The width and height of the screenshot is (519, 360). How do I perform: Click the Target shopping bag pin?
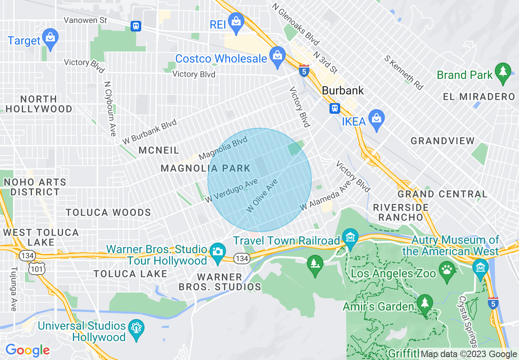click(x=50, y=38)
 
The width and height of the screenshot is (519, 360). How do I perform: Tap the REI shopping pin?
click(x=236, y=22)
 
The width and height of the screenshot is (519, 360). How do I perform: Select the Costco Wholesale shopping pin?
click(x=278, y=56)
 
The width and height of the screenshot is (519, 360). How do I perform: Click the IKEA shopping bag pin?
click(x=375, y=119)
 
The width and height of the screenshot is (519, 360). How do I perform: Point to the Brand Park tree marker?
click(x=503, y=72)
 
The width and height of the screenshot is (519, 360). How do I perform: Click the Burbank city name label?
click(x=343, y=90)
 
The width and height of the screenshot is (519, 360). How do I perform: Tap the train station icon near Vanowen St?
click(x=136, y=26)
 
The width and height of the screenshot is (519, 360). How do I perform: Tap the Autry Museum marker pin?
click(x=480, y=268)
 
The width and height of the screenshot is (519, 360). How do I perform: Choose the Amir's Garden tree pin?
click(x=425, y=304)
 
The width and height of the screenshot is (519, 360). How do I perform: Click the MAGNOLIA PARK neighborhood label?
click(x=205, y=168)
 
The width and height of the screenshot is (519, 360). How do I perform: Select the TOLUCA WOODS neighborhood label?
click(x=108, y=212)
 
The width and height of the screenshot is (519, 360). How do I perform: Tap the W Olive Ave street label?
click(x=262, y=196)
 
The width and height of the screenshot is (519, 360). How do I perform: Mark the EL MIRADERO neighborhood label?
click(x=478, y=97)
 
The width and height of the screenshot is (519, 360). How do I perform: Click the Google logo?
click(x=27, y=350)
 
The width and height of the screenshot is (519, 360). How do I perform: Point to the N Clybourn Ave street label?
click(x=110, y=108)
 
